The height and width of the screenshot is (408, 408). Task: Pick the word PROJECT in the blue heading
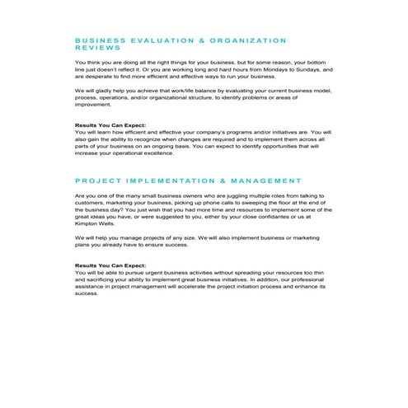[x=98, y=181]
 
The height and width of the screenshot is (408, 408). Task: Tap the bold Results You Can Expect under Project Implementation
[x=110, y=265]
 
